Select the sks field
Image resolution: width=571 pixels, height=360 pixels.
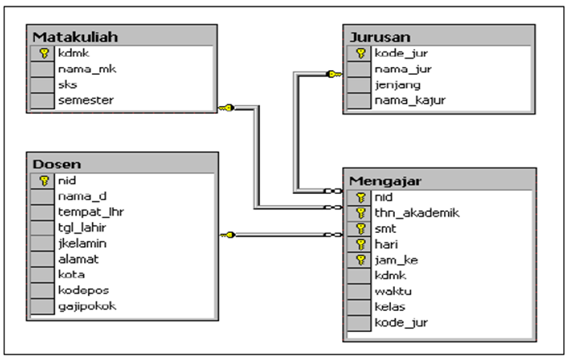pos(67,84)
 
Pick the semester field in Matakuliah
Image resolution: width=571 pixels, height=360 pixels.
pos(86,100)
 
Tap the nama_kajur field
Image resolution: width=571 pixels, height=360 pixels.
pos(405,100)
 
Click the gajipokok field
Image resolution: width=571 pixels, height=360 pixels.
pos(87,305)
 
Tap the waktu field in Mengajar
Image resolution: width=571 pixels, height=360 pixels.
pos(392,291)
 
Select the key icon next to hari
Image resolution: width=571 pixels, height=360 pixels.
pos(361,244)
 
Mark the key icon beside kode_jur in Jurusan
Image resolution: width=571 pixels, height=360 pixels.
pos(361,53)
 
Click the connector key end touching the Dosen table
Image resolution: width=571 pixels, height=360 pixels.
pos(226,235)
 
